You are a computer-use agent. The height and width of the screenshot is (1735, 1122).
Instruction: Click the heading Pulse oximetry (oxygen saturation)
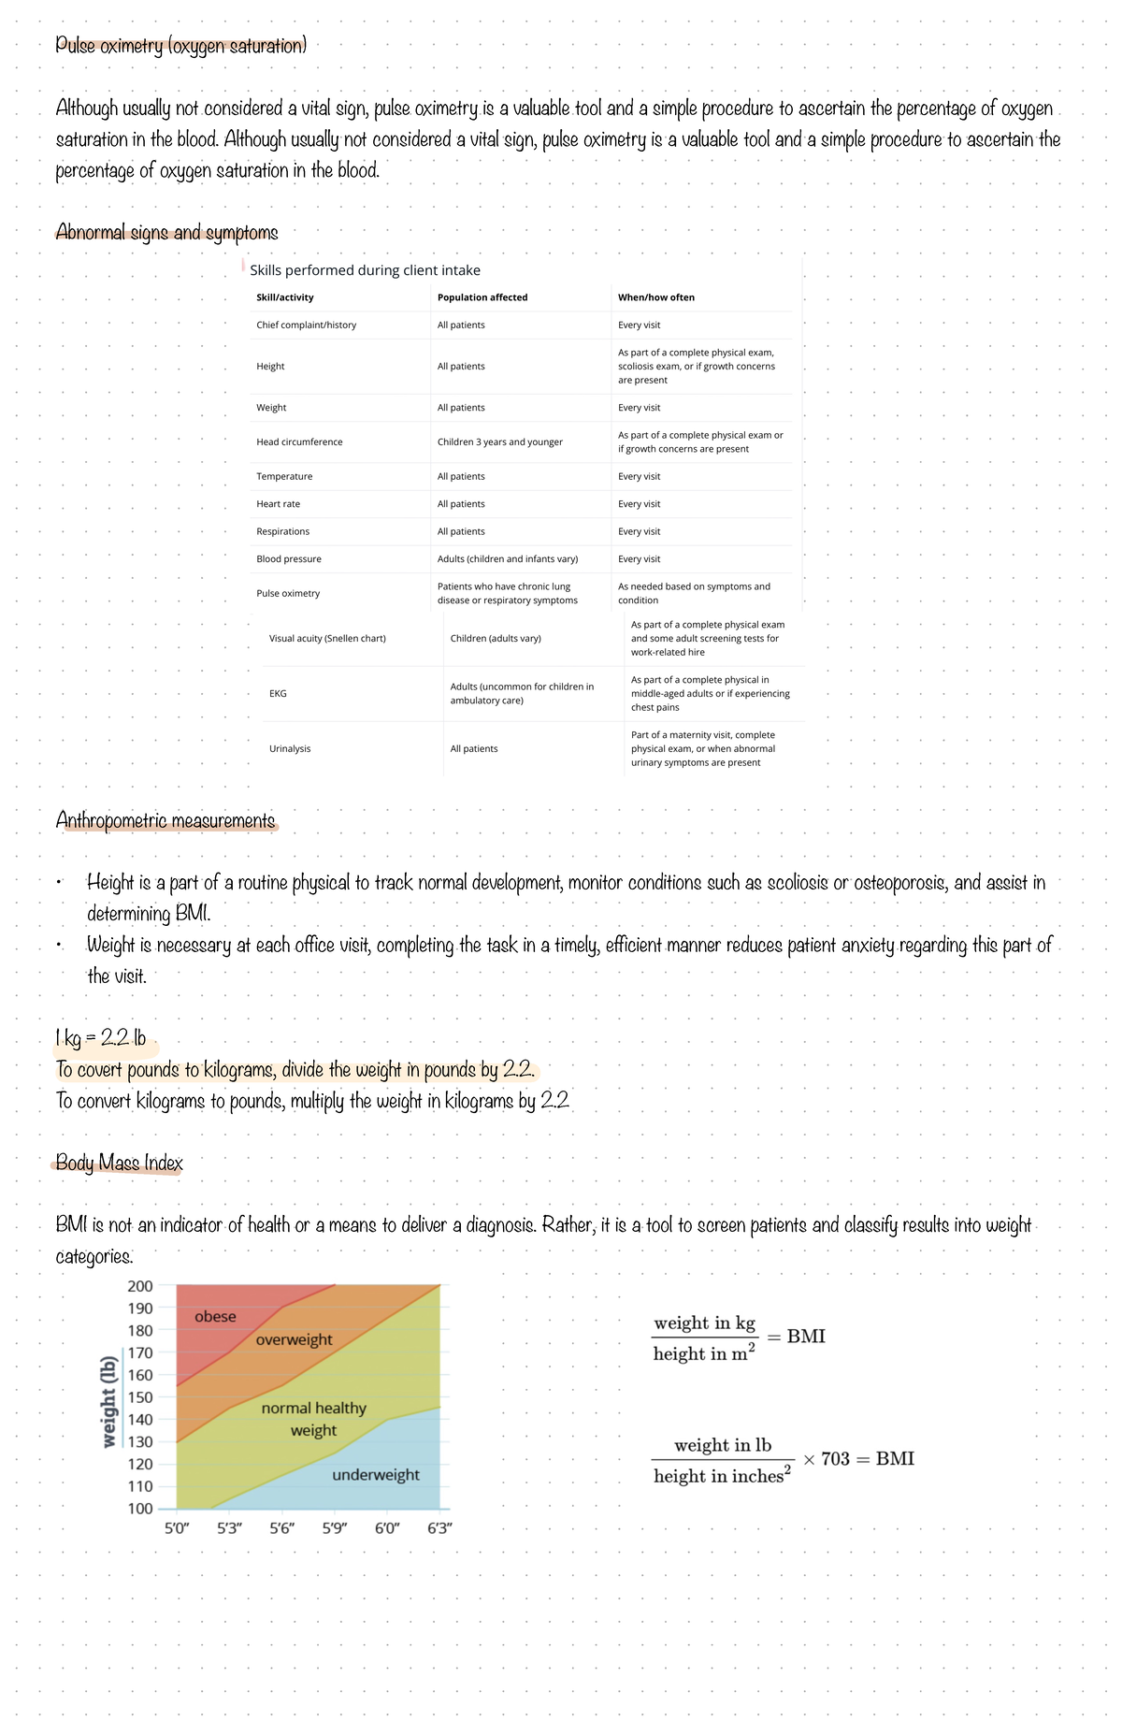tap(180, 45)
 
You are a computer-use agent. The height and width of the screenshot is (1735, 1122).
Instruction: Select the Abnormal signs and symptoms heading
tap(166, 232)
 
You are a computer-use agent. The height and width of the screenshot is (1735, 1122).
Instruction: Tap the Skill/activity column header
tap(284, 297)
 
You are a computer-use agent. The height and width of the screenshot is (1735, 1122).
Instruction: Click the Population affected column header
tap(482, 297)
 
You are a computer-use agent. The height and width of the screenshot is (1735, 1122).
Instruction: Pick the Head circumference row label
tap(299, 442)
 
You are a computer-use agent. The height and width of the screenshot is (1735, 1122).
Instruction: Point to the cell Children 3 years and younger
tap(499, 442)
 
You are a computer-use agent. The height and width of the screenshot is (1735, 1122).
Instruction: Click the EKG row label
tap(278, 694)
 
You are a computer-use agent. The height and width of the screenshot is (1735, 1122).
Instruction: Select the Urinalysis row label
tap(290, 749)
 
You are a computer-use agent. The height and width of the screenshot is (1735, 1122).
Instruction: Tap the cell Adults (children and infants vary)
tap(507, 559)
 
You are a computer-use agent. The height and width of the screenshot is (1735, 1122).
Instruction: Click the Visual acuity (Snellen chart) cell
tap(327, 639)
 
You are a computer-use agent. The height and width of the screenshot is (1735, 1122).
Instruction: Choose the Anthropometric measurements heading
tap(165, 820)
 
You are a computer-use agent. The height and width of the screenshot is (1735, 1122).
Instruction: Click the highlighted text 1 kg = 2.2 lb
tap(101, 1038)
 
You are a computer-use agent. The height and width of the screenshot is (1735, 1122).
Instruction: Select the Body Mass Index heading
tap(119, 1163)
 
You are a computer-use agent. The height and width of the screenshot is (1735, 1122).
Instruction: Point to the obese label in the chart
tap(215, 1317)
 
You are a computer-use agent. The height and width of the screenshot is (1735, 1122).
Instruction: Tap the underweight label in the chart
tap(375, 1475)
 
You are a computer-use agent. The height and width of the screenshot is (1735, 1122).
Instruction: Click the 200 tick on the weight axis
tap(140, 1286)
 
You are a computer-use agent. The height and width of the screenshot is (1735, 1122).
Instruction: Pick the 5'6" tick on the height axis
tap(282, 1528)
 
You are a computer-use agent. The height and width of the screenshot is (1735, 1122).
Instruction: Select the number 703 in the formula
tap(835, 1459)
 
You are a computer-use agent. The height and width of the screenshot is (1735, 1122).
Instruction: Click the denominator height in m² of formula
tap(703, 1353)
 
